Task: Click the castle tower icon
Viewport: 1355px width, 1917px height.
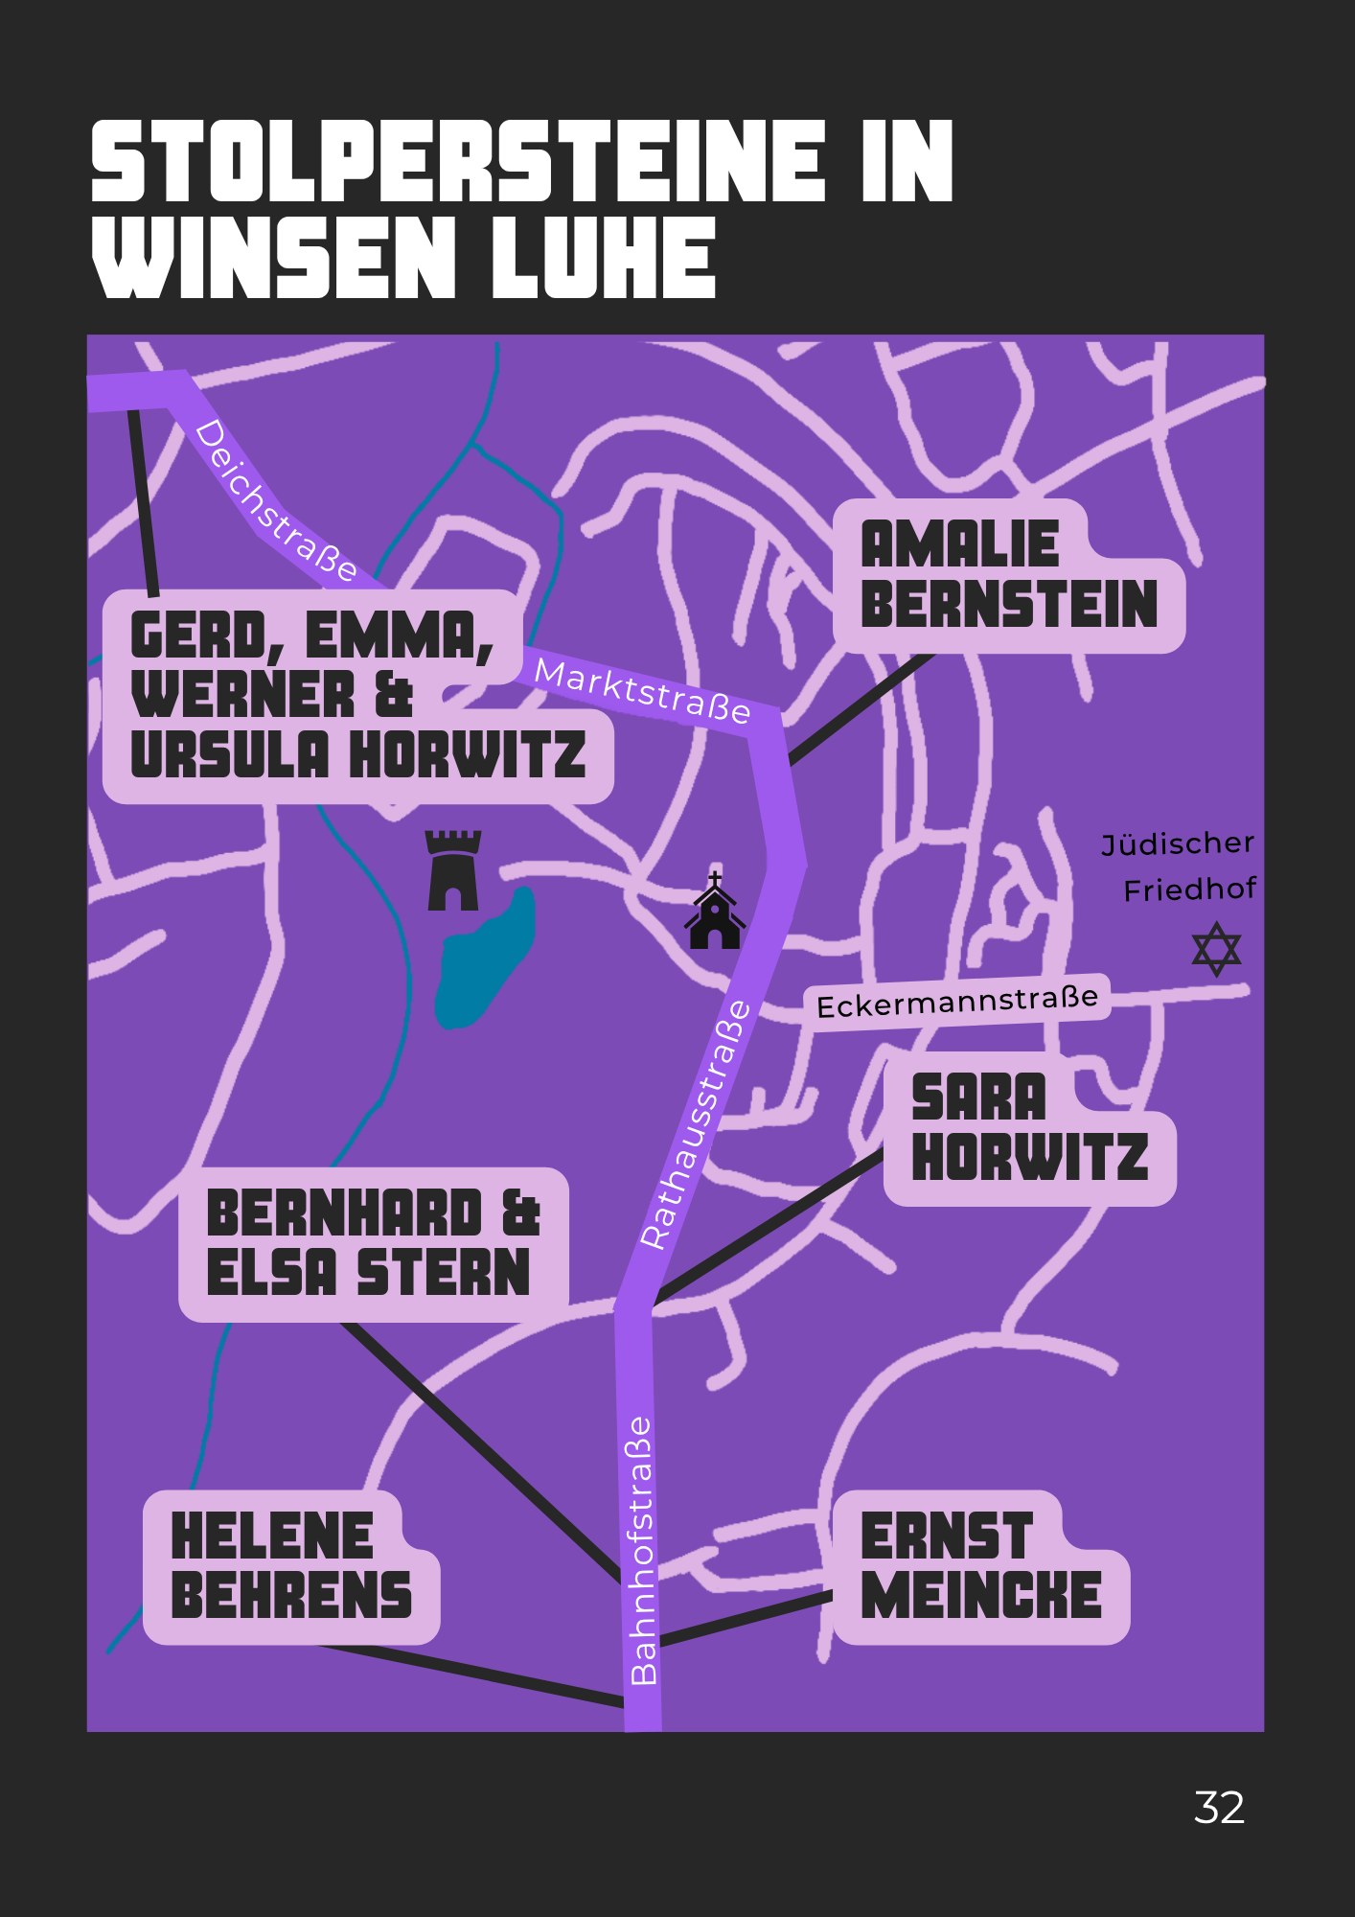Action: [453, 870]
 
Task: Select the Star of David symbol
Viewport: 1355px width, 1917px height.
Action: [1217, 949]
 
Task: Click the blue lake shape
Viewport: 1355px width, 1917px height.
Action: [484, 958]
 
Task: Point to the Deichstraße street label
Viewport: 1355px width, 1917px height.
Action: [276, 500]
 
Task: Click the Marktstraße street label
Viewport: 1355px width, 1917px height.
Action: [642, 690]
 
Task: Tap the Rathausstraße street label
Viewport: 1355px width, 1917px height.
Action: [696, 1124]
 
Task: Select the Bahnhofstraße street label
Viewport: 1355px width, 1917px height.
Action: [642, 1551]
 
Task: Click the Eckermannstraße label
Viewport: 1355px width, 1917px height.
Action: [957, 1003]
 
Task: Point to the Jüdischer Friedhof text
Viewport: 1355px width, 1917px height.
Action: [1179, 866]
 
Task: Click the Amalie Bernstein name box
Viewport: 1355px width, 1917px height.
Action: [1009, 575]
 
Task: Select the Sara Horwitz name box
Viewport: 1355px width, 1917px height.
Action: [1030, 1128]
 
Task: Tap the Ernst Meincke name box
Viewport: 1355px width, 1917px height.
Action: [981, 1567]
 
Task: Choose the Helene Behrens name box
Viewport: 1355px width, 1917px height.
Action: [291, 1567]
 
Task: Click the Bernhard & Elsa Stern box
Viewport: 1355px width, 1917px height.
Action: [374, 1244]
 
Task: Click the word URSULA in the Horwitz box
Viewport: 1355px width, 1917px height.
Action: [230, 754]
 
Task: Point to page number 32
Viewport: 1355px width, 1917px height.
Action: [1219, 1808]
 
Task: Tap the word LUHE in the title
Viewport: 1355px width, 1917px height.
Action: [604, 257]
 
